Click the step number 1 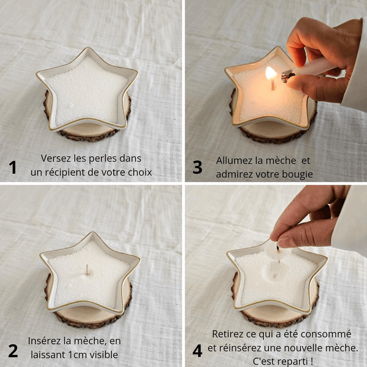(13, 167)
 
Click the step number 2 (13, 351)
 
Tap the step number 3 (197, 167)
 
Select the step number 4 (197, 350)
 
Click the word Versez (56, 158)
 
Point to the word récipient (65, 173)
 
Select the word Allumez (233, 161)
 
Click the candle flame (271, 73)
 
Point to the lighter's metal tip (288, 75)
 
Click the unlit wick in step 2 (88, 270)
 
